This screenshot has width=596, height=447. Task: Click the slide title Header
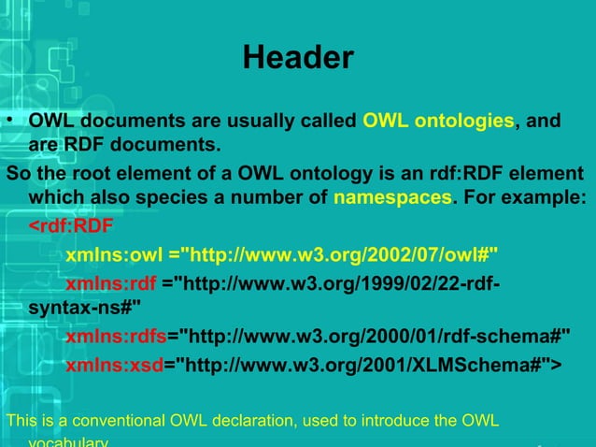coord(298,59)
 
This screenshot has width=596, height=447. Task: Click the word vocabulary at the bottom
coord(68,441)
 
